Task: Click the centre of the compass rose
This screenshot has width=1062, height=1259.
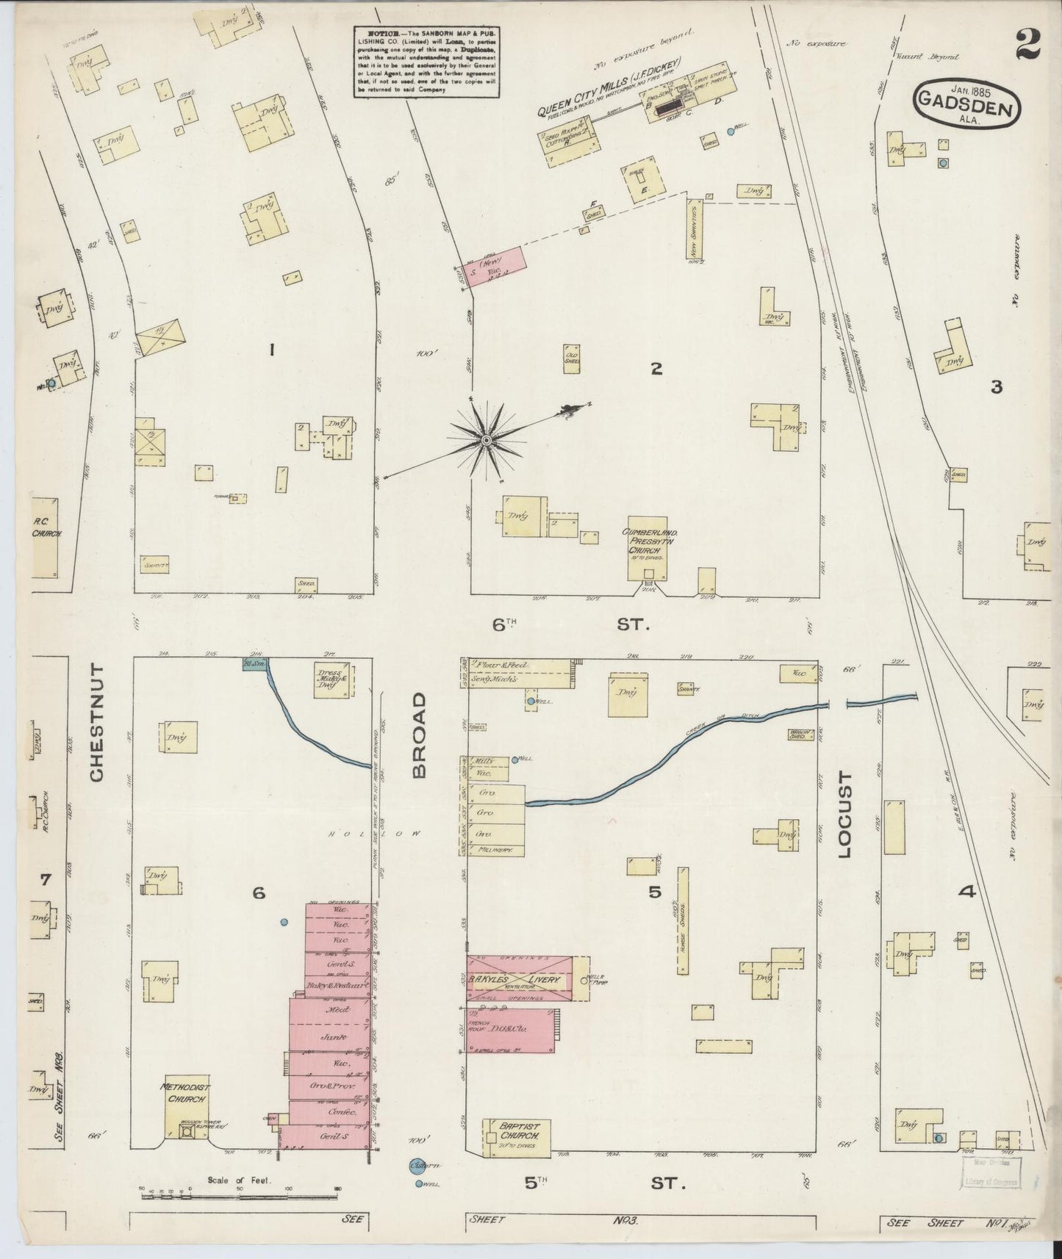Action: (485, 440)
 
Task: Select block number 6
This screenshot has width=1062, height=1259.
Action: (257, 892)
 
